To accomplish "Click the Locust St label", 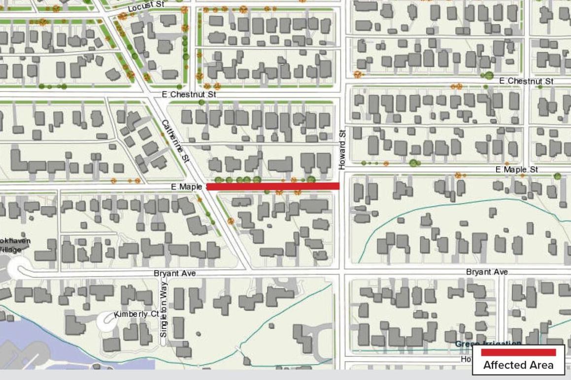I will coord(145,8).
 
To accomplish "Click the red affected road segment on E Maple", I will coord(273,186).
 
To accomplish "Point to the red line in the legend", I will coord(518,352).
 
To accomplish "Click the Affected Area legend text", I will coord(518,365).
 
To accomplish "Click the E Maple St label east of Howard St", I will coord(517,170).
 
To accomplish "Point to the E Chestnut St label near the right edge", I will coord(526,81).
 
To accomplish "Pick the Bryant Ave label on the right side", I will coord(487,272).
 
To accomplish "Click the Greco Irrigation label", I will coord(487,344).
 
